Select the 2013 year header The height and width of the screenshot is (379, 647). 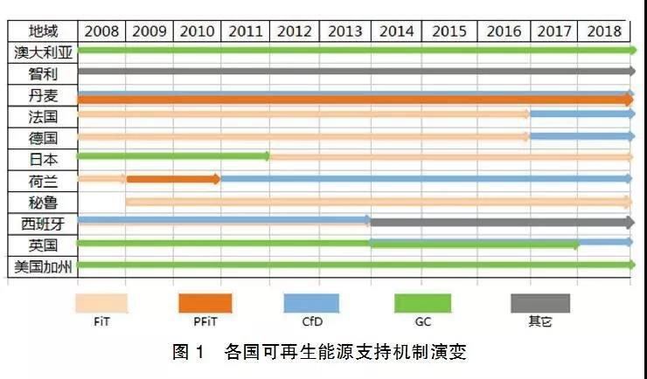point(346,31)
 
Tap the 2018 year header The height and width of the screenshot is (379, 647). point(603,31)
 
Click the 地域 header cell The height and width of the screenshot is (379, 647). point(43,31)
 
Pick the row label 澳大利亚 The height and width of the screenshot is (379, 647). point(43,52)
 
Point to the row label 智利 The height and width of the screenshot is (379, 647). point(43,72)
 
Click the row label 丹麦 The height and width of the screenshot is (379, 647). point(43,94)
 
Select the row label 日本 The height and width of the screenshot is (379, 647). point(43,158)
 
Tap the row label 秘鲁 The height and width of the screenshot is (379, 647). point(43,202)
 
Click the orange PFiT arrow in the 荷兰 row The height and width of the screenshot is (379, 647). point(173,179)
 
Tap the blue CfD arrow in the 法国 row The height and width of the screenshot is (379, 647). point(581,114)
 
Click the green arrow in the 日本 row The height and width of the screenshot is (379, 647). point(173,156)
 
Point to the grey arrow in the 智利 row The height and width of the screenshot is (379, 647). point(355,72)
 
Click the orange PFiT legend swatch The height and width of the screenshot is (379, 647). point(205,302)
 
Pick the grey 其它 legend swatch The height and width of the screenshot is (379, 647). point(539,302)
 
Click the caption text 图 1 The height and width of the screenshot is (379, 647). point(190,354)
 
